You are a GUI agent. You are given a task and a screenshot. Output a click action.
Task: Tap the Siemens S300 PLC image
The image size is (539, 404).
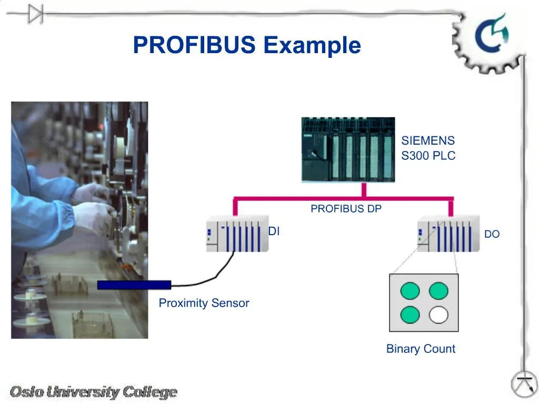(x=348, y=149)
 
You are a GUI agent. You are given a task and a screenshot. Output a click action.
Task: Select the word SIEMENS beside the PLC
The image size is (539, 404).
(x=427, y=141)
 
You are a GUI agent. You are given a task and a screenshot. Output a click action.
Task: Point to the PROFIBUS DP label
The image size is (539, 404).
(x=346, y=209)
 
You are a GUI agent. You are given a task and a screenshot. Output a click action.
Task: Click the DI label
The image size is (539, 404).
(x=274, y=231)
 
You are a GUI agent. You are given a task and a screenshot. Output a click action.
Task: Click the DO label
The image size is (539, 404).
(x=492, y=235)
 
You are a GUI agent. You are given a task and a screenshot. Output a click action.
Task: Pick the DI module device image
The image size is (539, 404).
(x=237, y=234)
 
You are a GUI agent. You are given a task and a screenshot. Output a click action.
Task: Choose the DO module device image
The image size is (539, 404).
(x=448, y=234)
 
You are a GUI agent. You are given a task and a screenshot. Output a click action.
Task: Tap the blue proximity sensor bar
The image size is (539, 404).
(x=134, y=285)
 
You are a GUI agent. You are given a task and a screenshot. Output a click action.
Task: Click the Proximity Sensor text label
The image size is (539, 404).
(x=204, y=303)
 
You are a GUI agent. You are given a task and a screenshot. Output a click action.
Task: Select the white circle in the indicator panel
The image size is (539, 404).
(x=438, y=315)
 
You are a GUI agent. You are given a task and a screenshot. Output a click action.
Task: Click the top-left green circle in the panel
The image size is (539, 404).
(x=410, y=291)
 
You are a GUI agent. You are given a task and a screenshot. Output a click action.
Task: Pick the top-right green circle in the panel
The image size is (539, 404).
(x=438, y=291)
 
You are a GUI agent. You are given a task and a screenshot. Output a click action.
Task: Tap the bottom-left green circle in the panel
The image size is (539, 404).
(x=410, y=315)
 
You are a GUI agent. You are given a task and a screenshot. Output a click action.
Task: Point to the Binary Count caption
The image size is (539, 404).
(x=421, y=349)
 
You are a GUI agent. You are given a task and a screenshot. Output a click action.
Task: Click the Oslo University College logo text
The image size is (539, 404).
(x=94, y=392)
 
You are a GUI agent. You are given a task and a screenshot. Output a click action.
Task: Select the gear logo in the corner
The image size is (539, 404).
(x=487, y=39)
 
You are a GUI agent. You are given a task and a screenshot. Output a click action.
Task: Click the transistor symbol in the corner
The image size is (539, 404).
(x=524, y=385)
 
